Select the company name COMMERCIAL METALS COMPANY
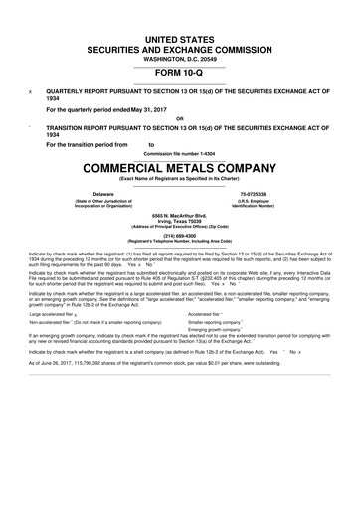pyautogui.click(x=180, y=166)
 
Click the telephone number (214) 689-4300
pyautogui.click(x=180, y=236)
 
